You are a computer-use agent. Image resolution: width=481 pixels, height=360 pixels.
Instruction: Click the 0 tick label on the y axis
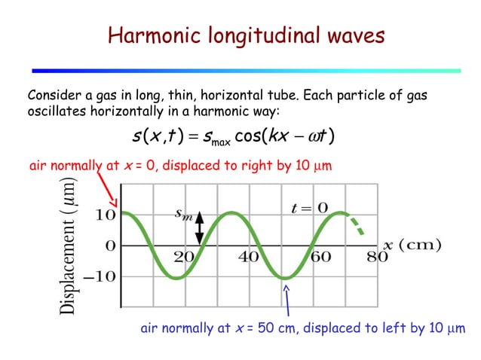109,246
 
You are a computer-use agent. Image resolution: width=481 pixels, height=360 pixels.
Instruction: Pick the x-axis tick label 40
250,256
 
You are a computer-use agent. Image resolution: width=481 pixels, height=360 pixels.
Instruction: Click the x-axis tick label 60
320,256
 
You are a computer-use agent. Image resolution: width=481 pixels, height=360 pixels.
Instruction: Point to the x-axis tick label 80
378,256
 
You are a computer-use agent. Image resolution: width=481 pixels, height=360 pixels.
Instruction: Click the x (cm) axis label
412,244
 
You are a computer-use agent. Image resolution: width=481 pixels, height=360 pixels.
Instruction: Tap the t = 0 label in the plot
310,207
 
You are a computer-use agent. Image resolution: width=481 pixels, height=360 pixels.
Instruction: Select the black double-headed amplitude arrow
200,228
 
